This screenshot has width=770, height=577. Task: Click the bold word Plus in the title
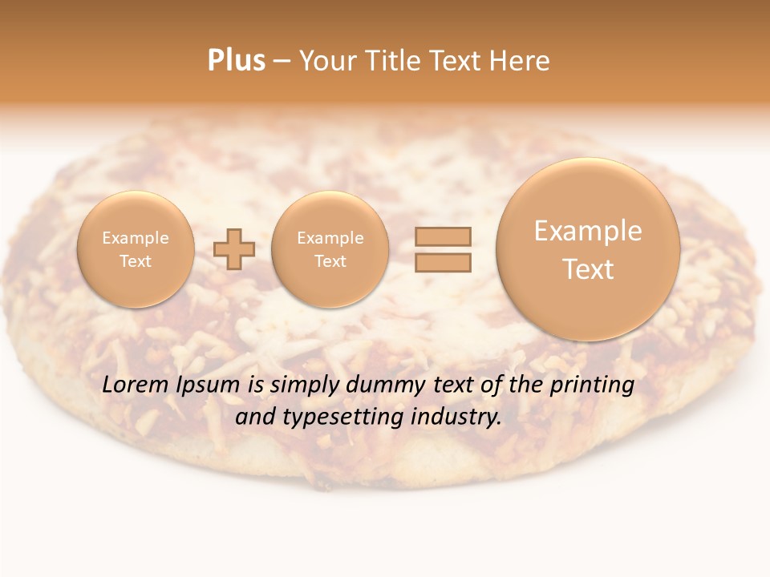(x=236, y=61)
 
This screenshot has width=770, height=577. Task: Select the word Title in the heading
(x=395, y=61)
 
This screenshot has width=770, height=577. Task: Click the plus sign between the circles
(x=234, y=249)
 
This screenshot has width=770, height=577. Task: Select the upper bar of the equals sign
(x=443, y=236)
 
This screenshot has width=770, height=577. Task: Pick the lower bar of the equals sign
(x=443, y=262)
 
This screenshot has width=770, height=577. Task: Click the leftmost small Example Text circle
(x=136, y=249)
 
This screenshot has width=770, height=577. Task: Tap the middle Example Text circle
(x=330, y=249)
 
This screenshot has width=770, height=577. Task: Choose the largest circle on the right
(x=588, y=249)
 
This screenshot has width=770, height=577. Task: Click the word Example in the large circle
(x=588, y=231)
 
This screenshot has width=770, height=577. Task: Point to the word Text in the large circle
(x=588, y=269)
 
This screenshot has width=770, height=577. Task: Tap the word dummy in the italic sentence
(x=386, y=385)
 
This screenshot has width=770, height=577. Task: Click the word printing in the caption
(x=592, y=385)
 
